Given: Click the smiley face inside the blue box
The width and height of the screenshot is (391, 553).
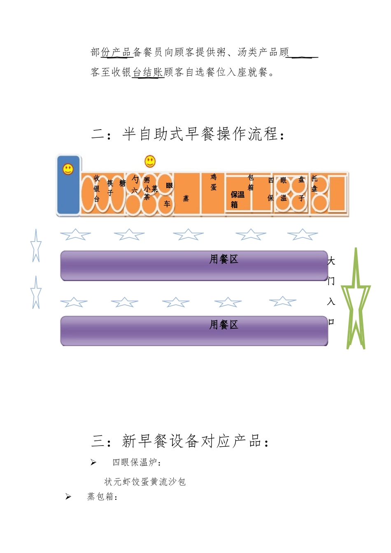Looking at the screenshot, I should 68,169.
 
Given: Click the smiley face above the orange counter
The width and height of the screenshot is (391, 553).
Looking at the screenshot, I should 150,161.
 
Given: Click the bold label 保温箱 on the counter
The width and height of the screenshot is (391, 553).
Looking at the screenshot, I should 237,200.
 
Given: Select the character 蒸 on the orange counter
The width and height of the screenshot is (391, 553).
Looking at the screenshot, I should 186,199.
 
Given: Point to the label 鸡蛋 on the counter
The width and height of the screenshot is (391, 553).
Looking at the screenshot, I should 214,182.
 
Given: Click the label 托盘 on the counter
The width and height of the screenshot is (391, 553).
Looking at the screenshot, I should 314,184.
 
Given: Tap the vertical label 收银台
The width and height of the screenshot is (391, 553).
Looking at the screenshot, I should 97,188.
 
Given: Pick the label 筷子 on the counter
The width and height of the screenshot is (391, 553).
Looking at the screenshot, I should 110,188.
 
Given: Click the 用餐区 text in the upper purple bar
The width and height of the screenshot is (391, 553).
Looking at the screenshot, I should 224,259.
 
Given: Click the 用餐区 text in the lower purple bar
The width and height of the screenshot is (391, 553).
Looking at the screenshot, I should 224,325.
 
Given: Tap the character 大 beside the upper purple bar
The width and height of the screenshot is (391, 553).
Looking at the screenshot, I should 331,261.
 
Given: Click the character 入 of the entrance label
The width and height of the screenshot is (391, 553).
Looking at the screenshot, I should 331,302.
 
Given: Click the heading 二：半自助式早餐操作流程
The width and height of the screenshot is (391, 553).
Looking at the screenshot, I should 188,134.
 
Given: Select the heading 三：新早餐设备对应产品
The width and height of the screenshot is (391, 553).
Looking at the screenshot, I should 181,441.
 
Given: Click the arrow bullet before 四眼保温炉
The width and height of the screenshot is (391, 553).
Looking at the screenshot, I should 93,462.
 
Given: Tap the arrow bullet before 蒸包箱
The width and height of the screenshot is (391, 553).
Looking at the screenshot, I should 68,497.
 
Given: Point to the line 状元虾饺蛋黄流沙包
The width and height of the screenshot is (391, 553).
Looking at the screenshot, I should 145,482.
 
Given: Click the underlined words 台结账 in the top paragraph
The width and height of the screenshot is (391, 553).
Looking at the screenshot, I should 148,72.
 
